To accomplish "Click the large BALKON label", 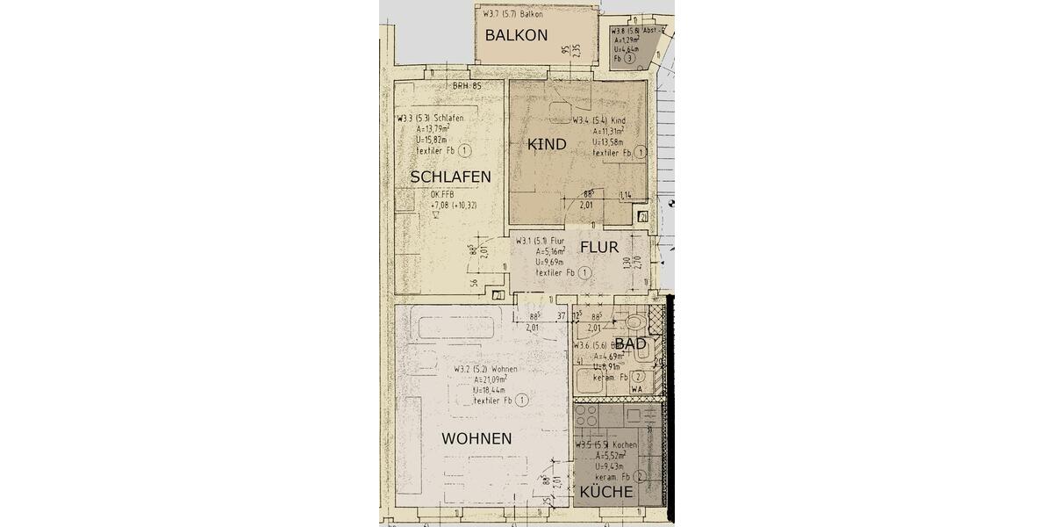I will tap(516, 36).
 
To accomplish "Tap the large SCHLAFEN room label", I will tap(450, 177).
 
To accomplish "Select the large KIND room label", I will tap(547, 144).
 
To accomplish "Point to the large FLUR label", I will tap(599, 248).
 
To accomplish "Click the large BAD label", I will tap(630, 344).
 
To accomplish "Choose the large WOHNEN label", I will tap(476, 438).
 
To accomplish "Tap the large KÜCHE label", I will tap(605, 493).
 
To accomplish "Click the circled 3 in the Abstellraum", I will tap(642, 59).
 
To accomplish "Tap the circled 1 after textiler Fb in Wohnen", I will tap(521, 401).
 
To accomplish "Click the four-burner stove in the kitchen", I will tap(586, 415).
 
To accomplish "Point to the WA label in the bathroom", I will tap(639, 387).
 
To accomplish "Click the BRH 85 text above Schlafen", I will tap(468, 86).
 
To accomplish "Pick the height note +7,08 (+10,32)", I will tap(454, 206).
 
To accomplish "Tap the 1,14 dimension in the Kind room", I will tap(626, 194).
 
